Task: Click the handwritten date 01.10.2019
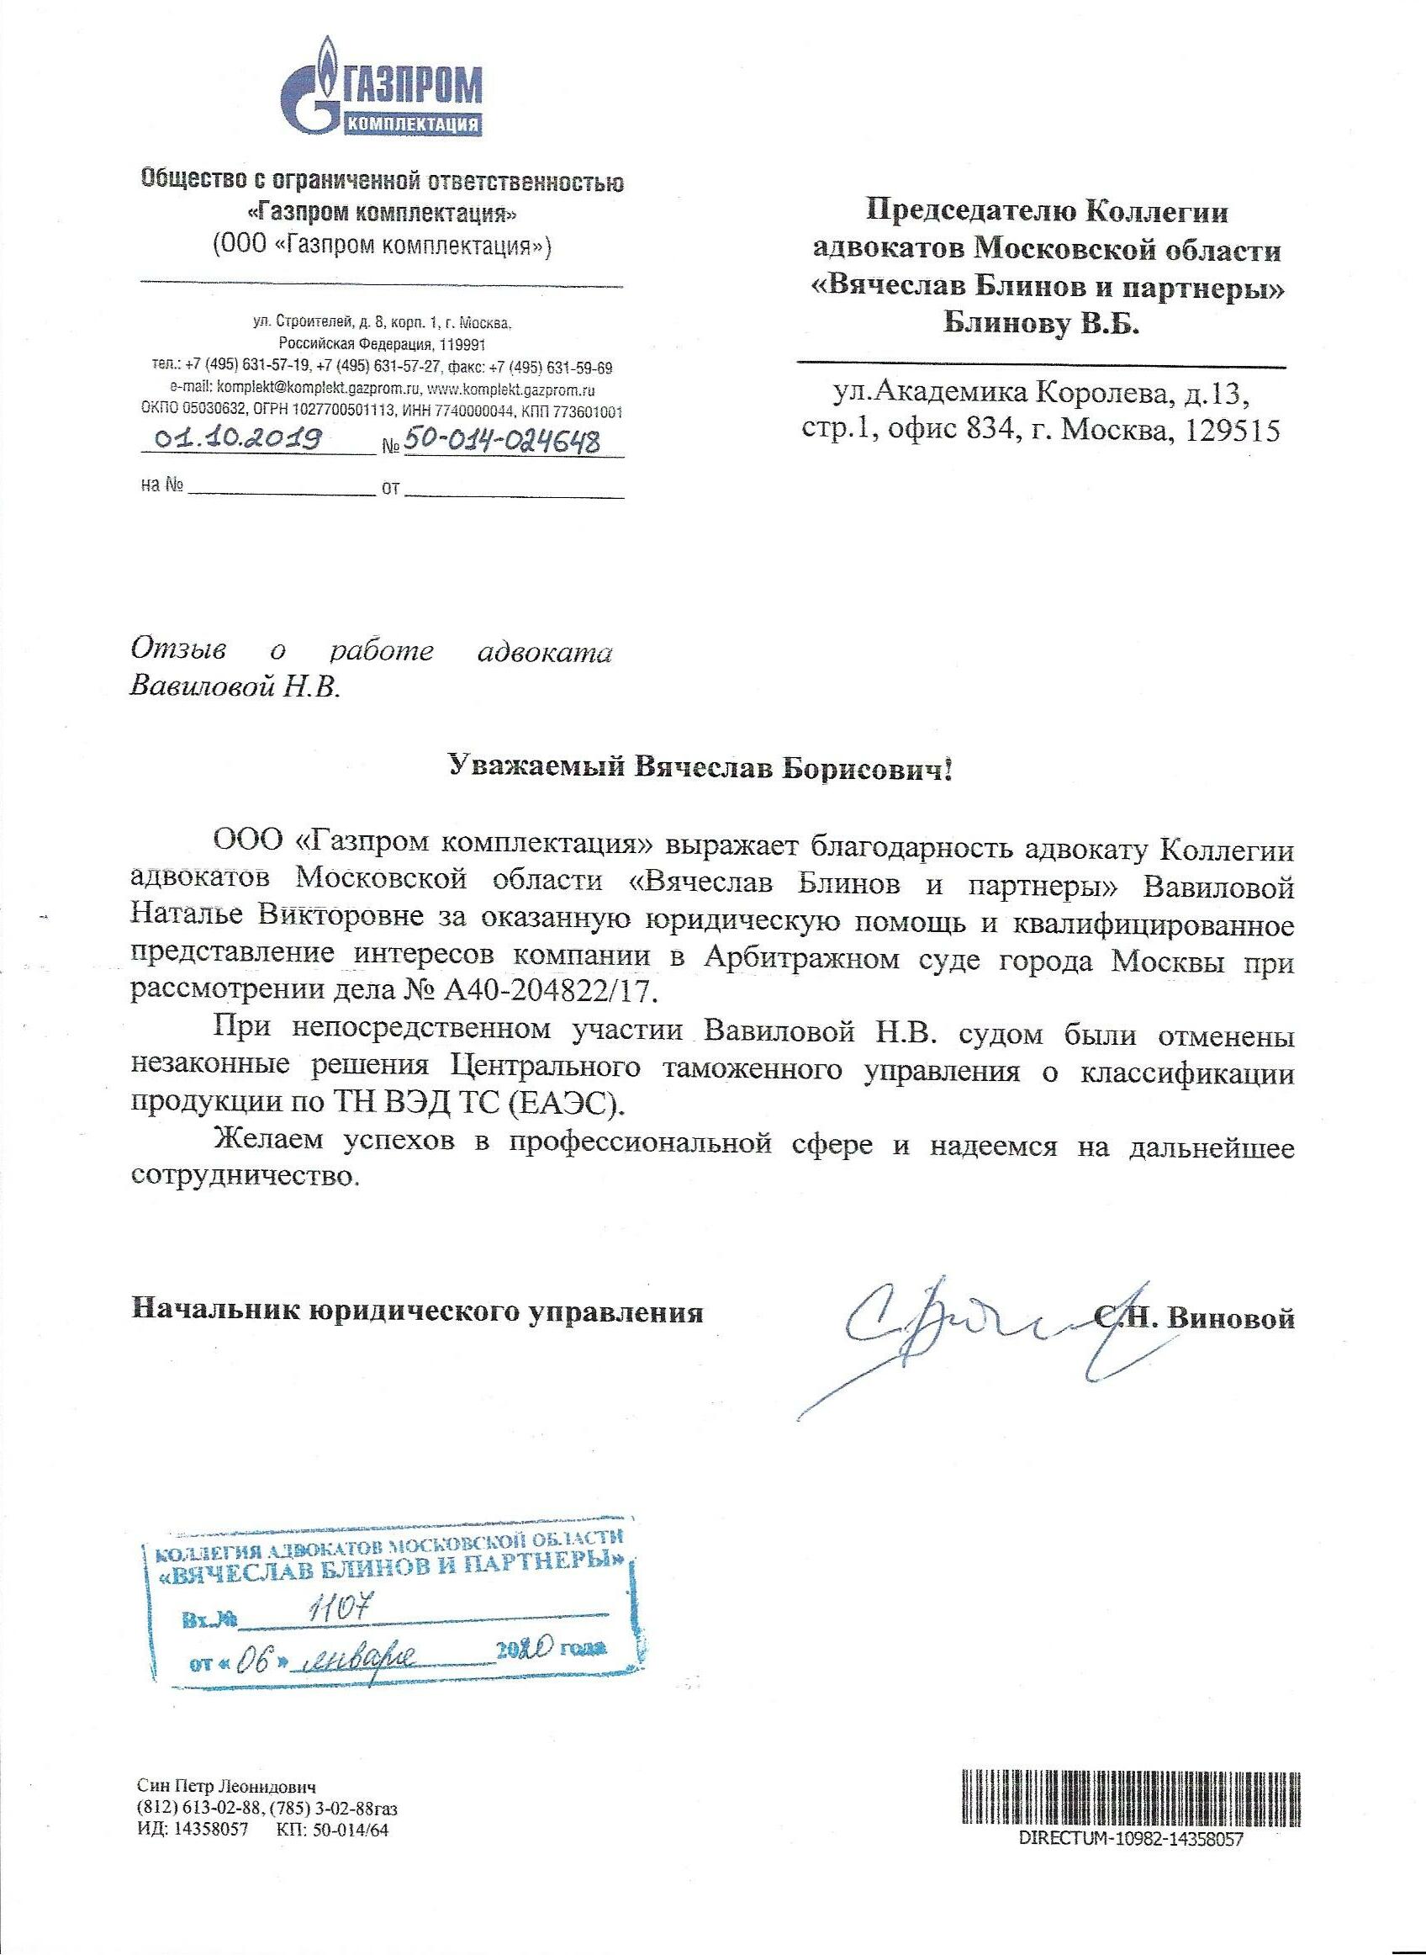click(238, 438)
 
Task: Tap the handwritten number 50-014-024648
click(503, 442)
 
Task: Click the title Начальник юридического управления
click(417, 1312)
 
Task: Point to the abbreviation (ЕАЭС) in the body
click(573, 1103)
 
